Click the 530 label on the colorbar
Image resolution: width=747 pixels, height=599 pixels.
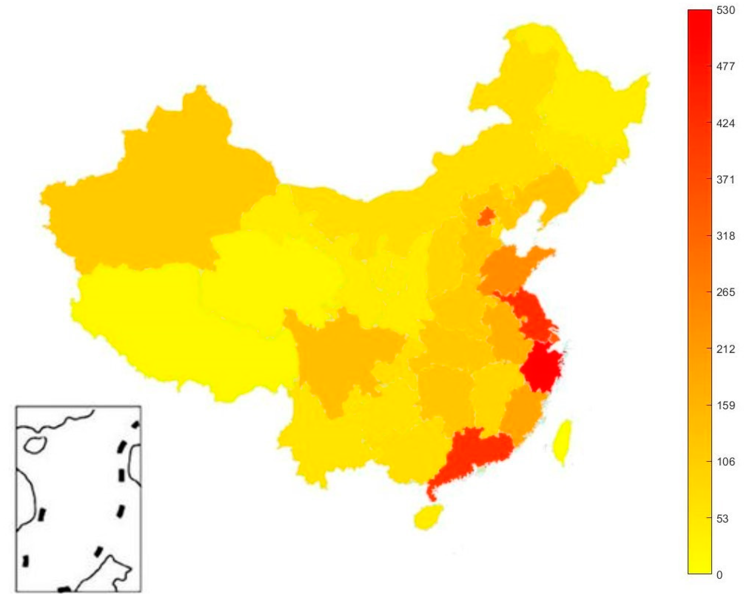click(x=725, y=11)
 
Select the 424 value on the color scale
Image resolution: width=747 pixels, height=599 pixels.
click(x=725, y=123)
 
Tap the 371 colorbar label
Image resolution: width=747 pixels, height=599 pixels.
click(x=725, y=179)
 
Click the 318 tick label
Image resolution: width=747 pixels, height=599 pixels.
click(x=725, y=236)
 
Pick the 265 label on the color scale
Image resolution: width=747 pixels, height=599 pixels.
click(x=725, y=292)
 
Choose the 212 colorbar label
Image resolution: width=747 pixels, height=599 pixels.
click(x=725, y=349)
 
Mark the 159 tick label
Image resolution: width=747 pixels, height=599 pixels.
click(x=725, y=405)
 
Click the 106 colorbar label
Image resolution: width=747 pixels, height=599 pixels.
click(x=725, y=462)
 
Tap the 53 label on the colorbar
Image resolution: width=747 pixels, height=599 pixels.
click(x=722, y=518)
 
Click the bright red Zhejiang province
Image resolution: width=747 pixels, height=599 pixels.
click(x=541, y=370)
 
